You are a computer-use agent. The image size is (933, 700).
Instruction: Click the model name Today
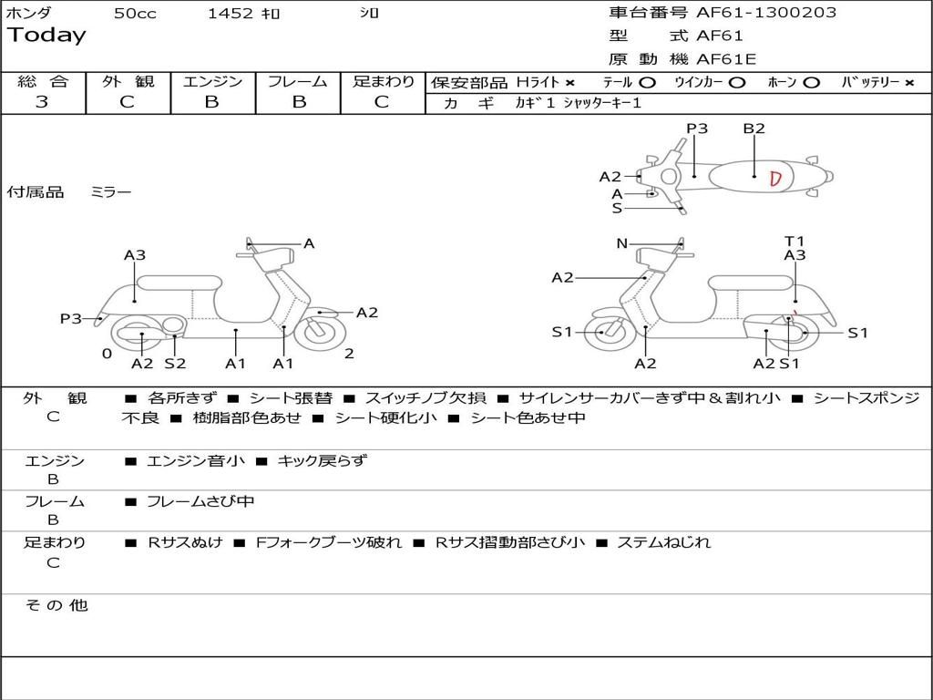[x=46, y=36]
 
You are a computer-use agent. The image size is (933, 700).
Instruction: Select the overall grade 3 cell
[x=42, y=102]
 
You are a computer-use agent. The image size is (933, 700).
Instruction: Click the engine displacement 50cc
[x=135, y=13]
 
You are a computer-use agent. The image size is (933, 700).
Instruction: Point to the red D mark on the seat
[x=775, y=178]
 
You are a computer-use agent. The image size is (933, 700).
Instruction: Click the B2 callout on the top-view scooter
[x=754, y=129]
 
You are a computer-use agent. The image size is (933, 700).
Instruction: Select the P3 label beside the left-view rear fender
[x=70, y=318]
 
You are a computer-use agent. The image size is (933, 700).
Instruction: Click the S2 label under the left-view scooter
[x=175, y=363]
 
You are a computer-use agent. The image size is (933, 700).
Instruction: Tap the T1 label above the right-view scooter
[x=795, y=242]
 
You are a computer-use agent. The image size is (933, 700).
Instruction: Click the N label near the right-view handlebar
[x=621, y=243]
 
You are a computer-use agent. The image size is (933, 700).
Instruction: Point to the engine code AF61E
[x=726, y=59]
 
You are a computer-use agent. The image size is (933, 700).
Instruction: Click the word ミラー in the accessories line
[x=111, y=192]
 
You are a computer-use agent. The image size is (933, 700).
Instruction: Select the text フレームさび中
[x=200, y=501]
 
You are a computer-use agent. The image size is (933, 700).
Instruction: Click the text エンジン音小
[x=196, y=461]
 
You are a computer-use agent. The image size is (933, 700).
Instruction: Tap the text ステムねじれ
[x=663, y=542]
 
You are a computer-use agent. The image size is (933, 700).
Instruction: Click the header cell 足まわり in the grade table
[x=383, y=82]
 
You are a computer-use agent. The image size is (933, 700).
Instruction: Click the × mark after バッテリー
[x=908, y=83]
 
